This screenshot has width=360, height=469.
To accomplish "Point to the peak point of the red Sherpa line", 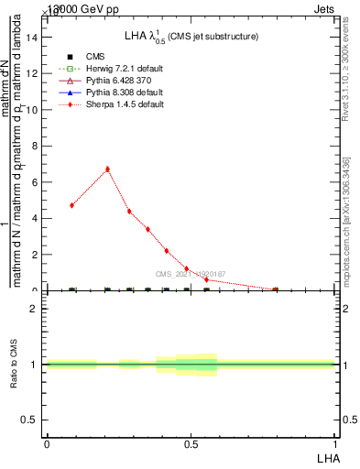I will (x=108, y=169).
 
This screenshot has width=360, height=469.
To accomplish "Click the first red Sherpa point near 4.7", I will (x=71, y=205).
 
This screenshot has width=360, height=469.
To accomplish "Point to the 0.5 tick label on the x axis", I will (x=191, y=443).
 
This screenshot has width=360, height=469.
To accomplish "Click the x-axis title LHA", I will (x=326, y=457).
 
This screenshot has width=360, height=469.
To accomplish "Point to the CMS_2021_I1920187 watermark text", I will (x=189, y=274).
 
